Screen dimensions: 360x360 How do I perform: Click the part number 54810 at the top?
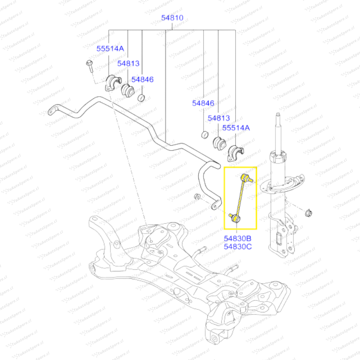point(172,18)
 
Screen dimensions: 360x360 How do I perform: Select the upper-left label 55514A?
point(110,49)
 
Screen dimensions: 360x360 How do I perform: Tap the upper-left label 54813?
point(128,63)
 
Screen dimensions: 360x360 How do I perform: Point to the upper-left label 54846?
point(142,79)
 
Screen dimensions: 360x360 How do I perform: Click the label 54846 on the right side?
point(203,103)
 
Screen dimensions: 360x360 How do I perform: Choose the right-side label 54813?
point(219,118)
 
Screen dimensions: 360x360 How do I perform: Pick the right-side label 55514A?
point(236,128)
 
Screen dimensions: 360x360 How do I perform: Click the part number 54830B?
point(237,239)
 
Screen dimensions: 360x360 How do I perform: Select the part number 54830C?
point(237,247)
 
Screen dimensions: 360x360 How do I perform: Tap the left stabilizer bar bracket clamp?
point(112,83)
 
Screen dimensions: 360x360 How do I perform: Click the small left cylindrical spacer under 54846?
point(142,98)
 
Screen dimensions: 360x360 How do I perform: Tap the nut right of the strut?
point(309,212)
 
